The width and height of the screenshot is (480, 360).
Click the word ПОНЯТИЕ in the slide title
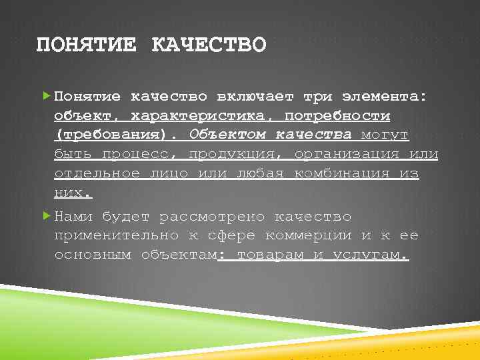85,45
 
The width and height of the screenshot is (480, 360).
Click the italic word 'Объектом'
227,135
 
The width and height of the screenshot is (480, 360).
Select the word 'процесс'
138,155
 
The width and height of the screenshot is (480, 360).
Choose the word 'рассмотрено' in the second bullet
213,217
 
